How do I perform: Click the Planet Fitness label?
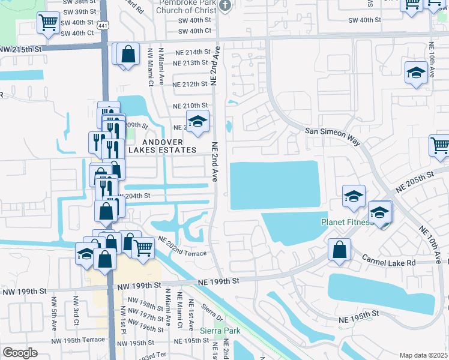tap(346, 222)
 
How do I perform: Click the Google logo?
tap(20, 353)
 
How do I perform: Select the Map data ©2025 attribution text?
tap(424, 355)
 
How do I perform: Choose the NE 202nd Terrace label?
tap(182, 247)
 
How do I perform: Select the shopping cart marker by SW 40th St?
tap(48, 23)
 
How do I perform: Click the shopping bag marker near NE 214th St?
tap(129, 55)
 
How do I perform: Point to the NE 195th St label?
tap(361, 313)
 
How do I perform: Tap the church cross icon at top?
tap(225, 5)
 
